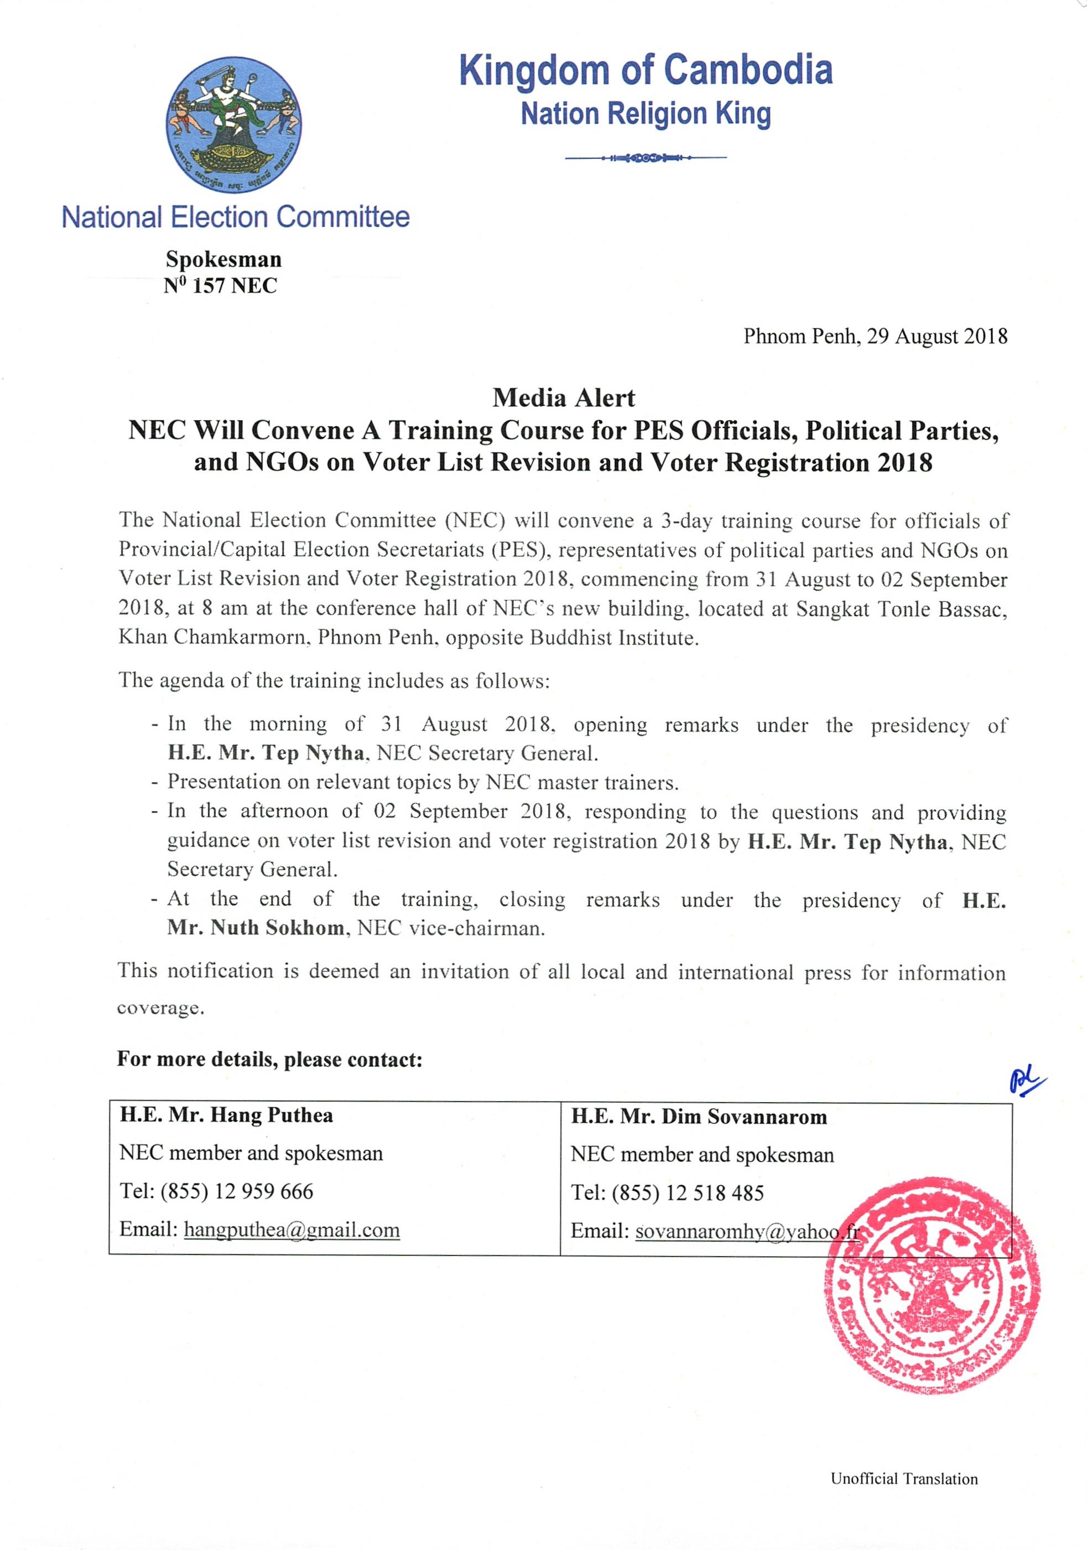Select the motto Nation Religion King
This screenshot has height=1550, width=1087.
click(646, 114)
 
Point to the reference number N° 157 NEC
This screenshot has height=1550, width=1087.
click(221, 286)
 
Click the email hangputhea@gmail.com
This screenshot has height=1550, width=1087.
click(292, 1229)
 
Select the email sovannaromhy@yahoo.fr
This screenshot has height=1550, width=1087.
click(747, 1231)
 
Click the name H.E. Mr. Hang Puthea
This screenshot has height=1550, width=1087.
click(227, 1114)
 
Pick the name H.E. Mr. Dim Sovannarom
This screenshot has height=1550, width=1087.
click(699, 1117)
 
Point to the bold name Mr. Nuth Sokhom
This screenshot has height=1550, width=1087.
click(257, 928)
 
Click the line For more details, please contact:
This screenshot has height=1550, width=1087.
click(270, 1059)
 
